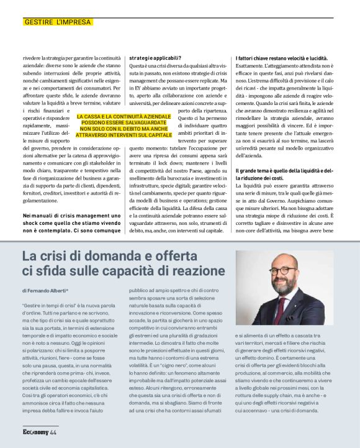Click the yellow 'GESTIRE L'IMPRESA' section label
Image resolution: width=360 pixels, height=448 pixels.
(57, 22)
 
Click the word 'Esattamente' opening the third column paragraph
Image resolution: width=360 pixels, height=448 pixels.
(250, 66)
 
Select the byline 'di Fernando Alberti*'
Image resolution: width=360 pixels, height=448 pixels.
(45, 290)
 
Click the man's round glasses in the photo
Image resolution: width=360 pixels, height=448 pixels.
(282, 272)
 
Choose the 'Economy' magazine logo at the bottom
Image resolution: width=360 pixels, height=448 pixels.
(35, 432)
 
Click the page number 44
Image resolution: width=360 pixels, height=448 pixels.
(53, 432)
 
